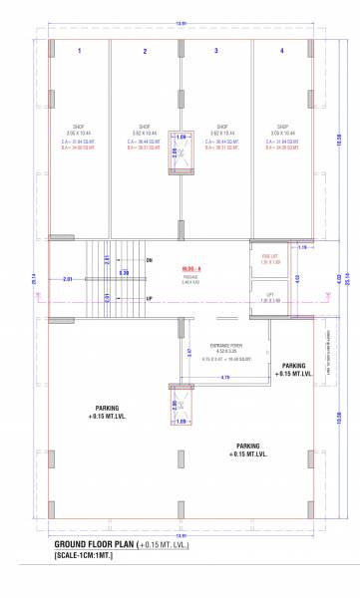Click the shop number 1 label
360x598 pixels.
(x=79, y=50)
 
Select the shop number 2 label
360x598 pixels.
(x=145, y=51)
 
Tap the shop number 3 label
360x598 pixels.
(x=215, y=50)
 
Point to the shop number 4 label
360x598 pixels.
(x=282, y=50)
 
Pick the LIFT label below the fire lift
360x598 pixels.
(x=269, y=296)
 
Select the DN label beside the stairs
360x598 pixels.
(x=150, y=260)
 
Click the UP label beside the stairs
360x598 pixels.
(x=150, y=298)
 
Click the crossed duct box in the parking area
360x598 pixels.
(x=180, y=406)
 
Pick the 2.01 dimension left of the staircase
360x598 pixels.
(x=67, y=280)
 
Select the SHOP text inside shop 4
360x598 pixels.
(x=282, y=127)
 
